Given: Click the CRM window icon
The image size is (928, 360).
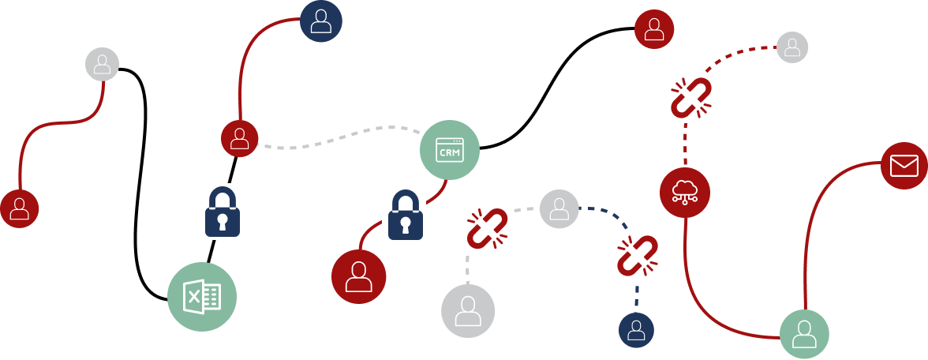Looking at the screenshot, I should (449, 149).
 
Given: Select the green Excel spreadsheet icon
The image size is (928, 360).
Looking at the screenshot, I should (202, 297).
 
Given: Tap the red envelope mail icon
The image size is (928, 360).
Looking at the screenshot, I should (904, 166).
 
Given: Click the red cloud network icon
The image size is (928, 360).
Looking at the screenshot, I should (684, 193).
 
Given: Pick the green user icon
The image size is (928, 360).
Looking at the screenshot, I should (804, 334).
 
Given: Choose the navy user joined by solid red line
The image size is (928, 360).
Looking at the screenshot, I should (320, 21).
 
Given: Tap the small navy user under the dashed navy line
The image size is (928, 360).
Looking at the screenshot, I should (636, 330).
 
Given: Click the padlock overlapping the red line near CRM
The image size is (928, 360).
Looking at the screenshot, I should (404, 214).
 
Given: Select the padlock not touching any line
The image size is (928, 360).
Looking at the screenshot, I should (223, 211).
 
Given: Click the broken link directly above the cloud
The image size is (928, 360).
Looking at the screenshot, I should (691, 98).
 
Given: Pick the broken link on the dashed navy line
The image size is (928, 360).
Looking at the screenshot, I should (638, 256).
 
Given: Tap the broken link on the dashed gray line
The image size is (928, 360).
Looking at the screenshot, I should (486, 231).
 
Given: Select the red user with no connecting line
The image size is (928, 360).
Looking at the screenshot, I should (654, 29).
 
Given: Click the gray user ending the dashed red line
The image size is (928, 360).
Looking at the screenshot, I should (792, 47).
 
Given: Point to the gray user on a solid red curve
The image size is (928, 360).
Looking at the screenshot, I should (102, 64).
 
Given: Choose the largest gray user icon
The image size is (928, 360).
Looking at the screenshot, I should (468, 311).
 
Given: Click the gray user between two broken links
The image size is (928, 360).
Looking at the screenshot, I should (559, 209).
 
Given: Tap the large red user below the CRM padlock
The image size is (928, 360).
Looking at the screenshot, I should (358, 276).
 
